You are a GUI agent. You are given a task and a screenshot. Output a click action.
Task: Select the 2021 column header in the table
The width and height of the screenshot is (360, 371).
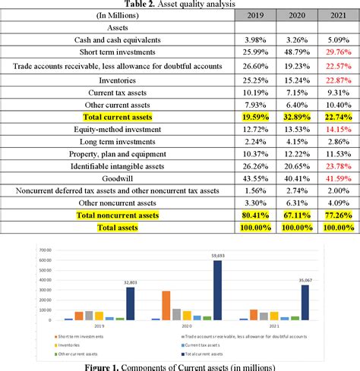(x=335, y=14)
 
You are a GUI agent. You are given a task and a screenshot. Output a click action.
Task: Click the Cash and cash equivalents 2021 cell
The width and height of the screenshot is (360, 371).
(x=335, y=39)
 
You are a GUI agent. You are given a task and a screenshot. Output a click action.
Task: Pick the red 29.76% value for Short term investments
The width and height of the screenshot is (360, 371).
(x=335, y=52)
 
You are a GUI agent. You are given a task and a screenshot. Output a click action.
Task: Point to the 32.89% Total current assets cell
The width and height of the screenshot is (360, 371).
(x=295, y=118)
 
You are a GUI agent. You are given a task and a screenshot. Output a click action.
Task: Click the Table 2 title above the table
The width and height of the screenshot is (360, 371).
(x=179, y=4)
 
